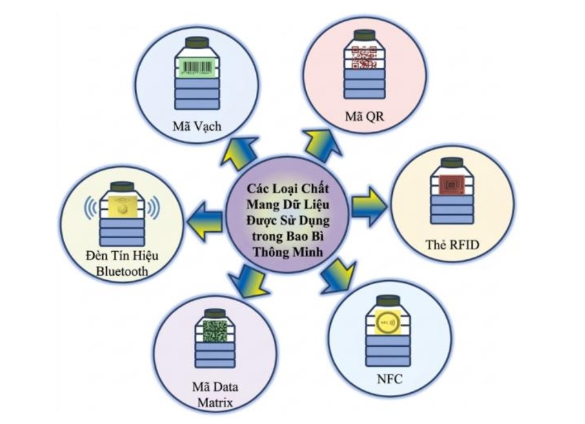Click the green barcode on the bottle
197,68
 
